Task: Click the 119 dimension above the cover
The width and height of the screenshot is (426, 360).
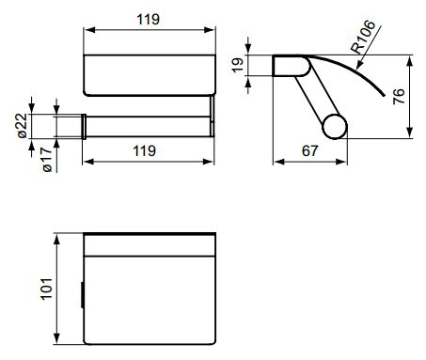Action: [x=147, y=18]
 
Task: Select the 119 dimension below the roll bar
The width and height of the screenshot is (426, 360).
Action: [x=147, y=149]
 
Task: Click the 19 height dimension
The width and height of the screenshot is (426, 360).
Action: [x=238, y=66]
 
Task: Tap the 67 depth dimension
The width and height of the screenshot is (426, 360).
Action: [x=309, y=149]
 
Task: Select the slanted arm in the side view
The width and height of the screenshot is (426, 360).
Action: [x=315, y=100]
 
